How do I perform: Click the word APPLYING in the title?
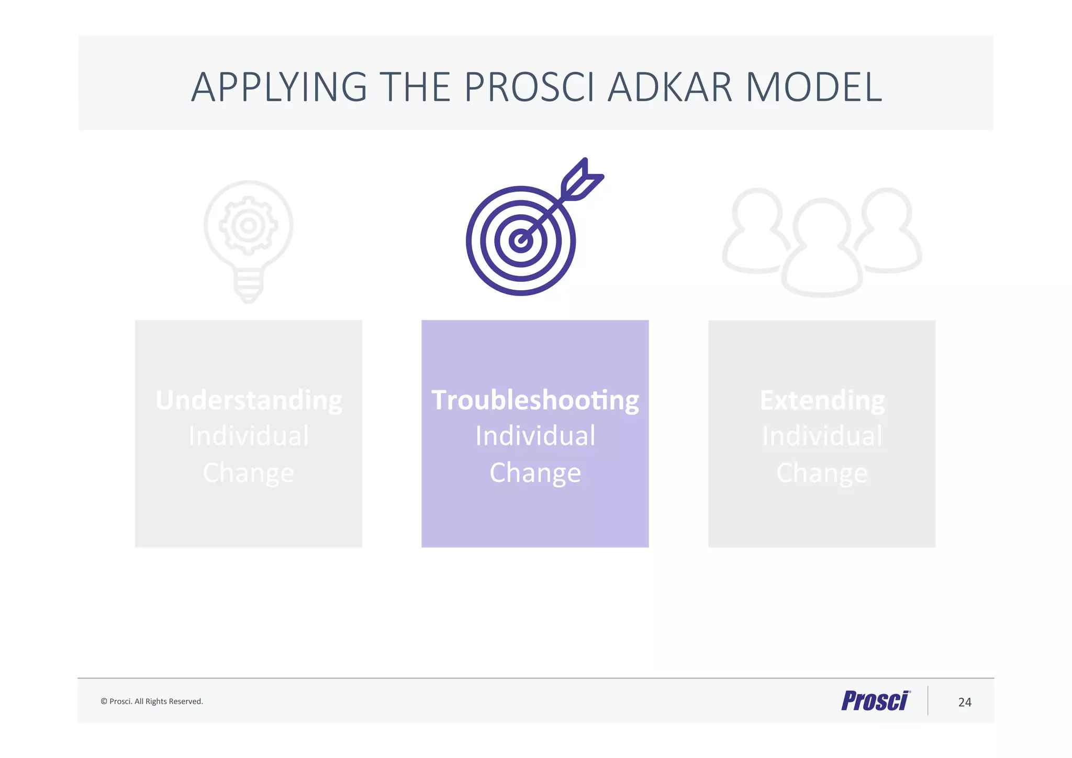pos(279,87)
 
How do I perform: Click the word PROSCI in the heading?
pos(529,87)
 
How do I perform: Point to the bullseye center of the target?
pos(520,241)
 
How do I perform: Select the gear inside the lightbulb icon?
pos(248,226)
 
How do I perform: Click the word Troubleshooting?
pos(535,400)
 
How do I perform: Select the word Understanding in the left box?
pos(249,400)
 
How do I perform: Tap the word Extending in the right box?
pos(822,400)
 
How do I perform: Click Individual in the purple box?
pos(535,436)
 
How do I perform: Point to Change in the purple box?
pos(535,473)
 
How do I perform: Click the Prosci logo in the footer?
pos(875,701)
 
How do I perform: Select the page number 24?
pos(964,702)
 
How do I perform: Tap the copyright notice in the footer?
pos(152,701)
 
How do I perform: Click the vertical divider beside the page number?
pos(928,701)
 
